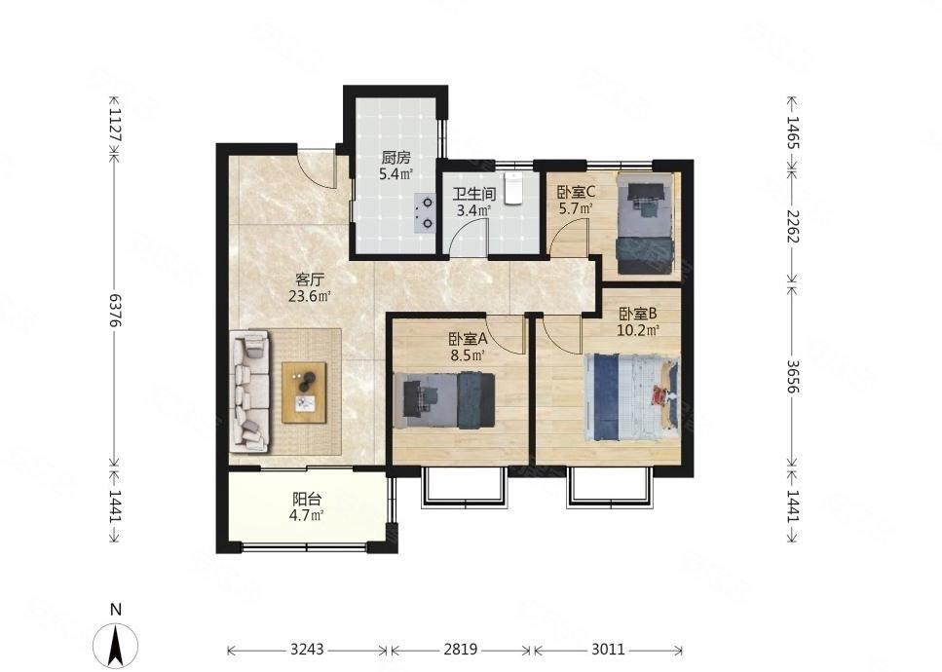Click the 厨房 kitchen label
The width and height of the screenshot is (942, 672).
pos(396,158)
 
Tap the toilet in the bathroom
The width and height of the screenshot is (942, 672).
pos(513,188)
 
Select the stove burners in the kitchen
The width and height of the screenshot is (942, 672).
pos(424,213)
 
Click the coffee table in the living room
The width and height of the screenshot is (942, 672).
pos(305,392)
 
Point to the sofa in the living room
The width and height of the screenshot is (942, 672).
pos(249,392)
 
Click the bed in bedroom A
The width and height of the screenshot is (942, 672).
pos(444,400)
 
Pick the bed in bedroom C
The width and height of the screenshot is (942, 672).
pos(646,223)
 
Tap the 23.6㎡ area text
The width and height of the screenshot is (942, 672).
pos(310,296)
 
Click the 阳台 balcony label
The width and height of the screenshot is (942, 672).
pos(307,499)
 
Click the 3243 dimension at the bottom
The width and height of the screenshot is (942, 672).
pos(307,650)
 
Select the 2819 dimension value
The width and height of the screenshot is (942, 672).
pos(460,650)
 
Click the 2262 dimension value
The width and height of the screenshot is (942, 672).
pos(793,226)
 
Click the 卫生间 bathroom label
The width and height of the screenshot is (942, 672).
pos(474,195)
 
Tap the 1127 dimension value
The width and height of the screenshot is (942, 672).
pos(114,125)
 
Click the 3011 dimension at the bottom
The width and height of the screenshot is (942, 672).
pos(608,650)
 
